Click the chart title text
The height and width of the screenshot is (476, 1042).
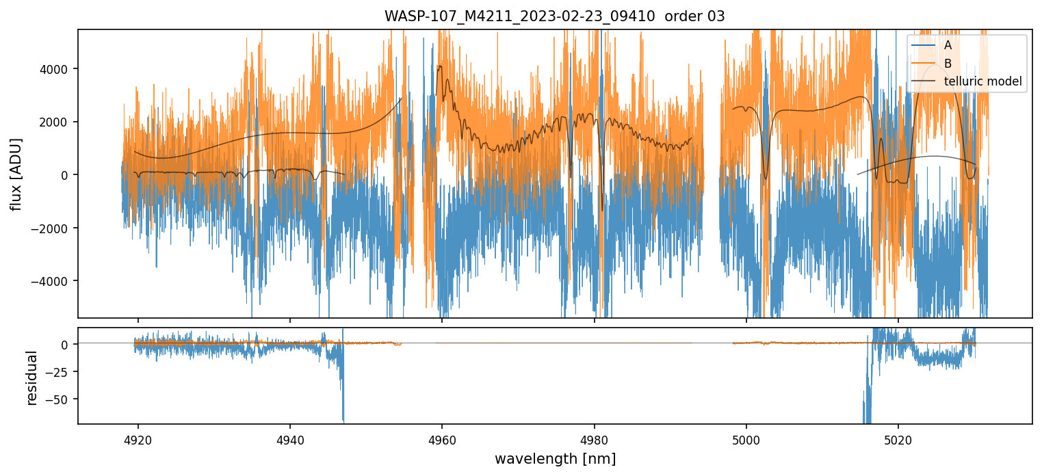tap(554, 16)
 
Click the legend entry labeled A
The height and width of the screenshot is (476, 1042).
tap(948, 45)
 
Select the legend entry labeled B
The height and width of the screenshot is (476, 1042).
tap(948, 64)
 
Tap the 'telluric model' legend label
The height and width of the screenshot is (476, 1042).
tap(982, 81)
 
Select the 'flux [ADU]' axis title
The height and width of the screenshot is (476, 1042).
tap(16, 174)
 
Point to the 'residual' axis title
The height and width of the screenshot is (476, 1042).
tap(31, 378)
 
